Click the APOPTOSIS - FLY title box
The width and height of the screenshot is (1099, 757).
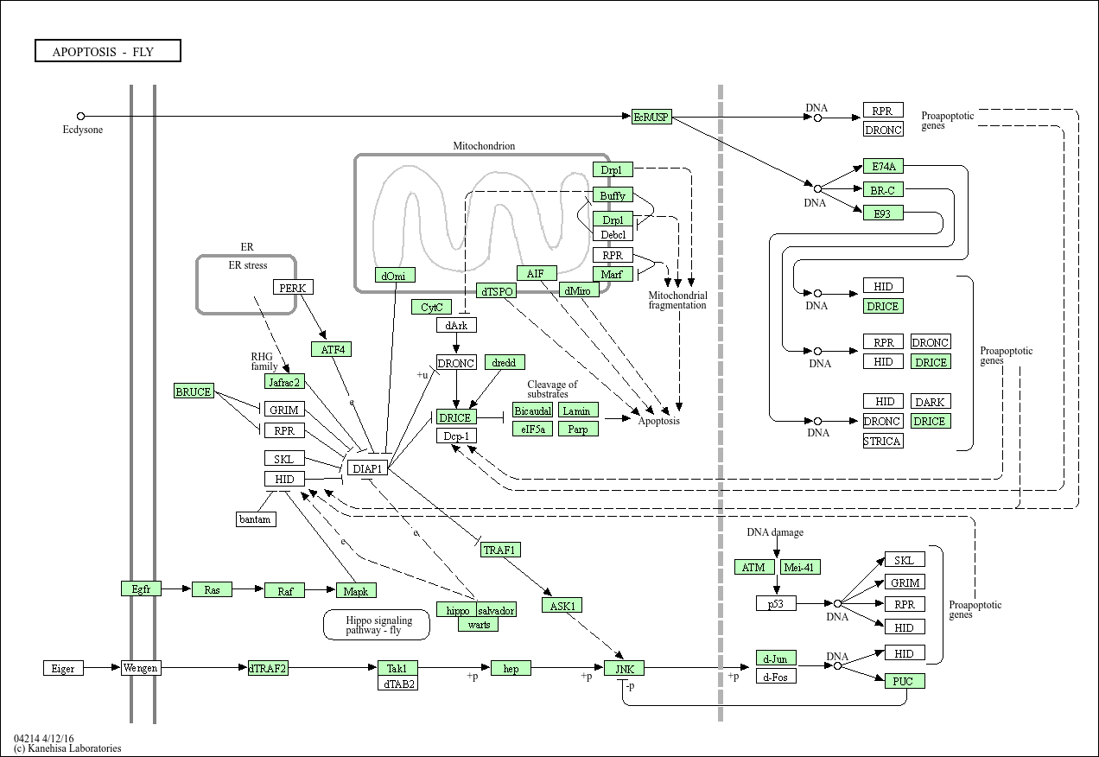[x=108, y=50]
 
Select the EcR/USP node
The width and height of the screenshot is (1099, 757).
[x=651, y=117]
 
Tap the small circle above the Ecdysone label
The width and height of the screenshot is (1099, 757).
[x=81, y=117]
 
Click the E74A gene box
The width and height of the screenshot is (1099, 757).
[x=883, y=166]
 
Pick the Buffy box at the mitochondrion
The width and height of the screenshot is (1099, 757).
[x=613, y=195]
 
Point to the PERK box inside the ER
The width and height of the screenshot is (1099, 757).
[x=293, y=288]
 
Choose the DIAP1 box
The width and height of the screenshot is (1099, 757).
[x=367, y=468]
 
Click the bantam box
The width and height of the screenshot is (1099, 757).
[x=256, y=519]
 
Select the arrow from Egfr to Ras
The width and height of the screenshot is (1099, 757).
[x=176, y=588]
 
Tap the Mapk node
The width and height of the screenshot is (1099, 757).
[x=356, y=591]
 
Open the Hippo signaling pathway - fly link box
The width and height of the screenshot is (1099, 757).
[x=377, y=625]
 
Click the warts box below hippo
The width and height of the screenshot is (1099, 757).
[x=479, y=625]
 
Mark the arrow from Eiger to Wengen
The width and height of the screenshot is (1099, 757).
[x=102, y=667]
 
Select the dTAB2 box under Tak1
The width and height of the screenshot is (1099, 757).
[x=398, y=684]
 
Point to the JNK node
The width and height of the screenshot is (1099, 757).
[x=624, y=668]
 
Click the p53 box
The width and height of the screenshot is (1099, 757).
[x=776, y=603]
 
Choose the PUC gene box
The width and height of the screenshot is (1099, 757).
[x=905, y=681]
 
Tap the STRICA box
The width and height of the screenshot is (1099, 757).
[x=883, y=441]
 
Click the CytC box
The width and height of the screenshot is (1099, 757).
[x=432, y=307]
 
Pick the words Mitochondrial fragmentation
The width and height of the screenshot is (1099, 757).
[x=677, y=300]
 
